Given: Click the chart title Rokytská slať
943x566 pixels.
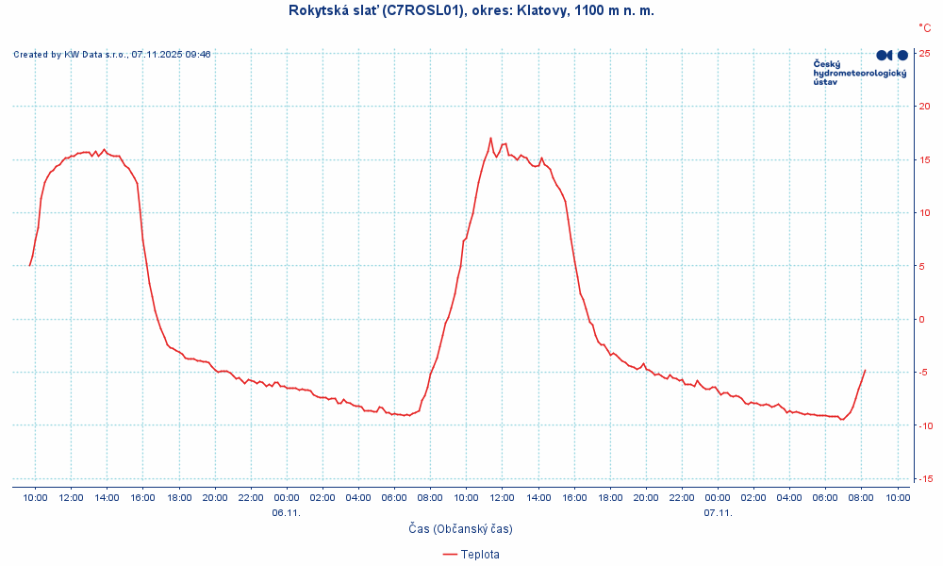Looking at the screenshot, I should point(471,10).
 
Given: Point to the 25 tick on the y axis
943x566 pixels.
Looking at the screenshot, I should point(926,53).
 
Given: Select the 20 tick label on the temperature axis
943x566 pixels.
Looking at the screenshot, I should point(926,107).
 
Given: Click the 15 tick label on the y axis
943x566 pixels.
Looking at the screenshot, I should point(926,159).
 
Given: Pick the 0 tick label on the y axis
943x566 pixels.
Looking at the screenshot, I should point(923,319).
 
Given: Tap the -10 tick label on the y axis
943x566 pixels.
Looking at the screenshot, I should point(925,425).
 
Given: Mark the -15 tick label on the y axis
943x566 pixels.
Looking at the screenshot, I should point(925,479).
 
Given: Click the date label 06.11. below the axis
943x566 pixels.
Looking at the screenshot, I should point(286,513).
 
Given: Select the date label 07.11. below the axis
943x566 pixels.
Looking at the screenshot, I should point(718,513).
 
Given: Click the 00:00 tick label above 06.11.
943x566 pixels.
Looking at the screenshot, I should point(287,497).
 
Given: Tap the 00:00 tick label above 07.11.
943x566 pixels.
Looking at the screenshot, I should point(718,497).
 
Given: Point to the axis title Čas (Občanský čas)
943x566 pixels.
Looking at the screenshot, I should point(461,529).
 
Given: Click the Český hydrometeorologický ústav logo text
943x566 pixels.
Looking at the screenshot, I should point(859,73).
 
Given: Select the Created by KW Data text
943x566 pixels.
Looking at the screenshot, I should point(111,55).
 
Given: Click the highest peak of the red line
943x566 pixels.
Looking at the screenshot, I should point(490,138).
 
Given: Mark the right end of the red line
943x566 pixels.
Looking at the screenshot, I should point(865,371).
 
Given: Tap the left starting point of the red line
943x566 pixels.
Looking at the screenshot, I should point(30,265).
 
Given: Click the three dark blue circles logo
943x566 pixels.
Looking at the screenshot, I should point(892,56).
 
